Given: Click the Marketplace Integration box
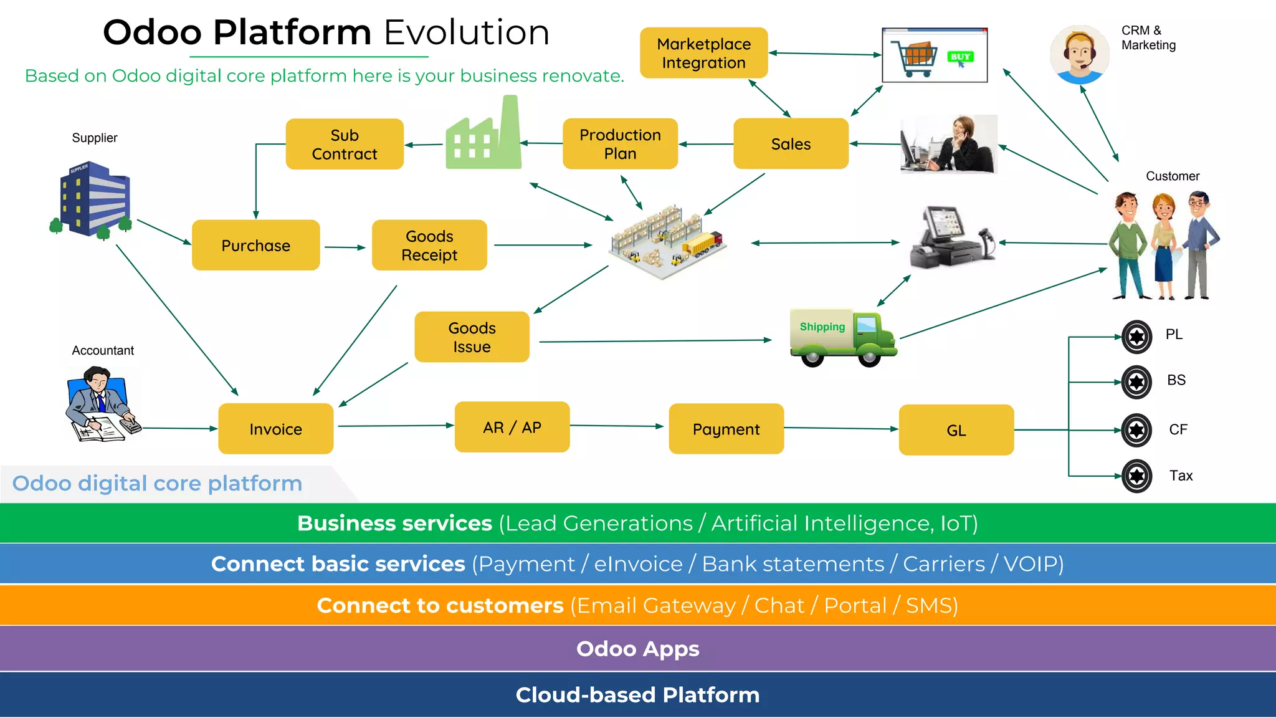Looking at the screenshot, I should [x=703, y=53].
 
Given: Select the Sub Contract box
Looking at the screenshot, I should [x=345, y=144].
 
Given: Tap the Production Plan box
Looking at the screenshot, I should [x=620, y=144].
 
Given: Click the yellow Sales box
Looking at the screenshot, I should [x=791, y=144].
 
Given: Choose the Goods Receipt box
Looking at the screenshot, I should [x=429, y=245].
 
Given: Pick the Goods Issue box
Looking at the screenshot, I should [x=472, y=337].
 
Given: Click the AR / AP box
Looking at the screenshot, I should [x=512, y=427].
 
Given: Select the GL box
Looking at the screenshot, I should [x=956, y=430].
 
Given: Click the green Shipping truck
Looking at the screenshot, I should [x=843, y=337].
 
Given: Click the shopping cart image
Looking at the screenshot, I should [x=935, y=55].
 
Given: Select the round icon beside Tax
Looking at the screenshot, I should [x=1136, y=476].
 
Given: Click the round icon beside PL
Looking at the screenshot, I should [x=1136, y=337].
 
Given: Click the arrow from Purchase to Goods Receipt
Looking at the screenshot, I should [x=345, y=247].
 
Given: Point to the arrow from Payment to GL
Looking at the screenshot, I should [x=840, y=428].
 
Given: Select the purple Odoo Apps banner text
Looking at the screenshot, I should [x=637, y=649].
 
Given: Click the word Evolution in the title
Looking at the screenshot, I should [x=467, y=32].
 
